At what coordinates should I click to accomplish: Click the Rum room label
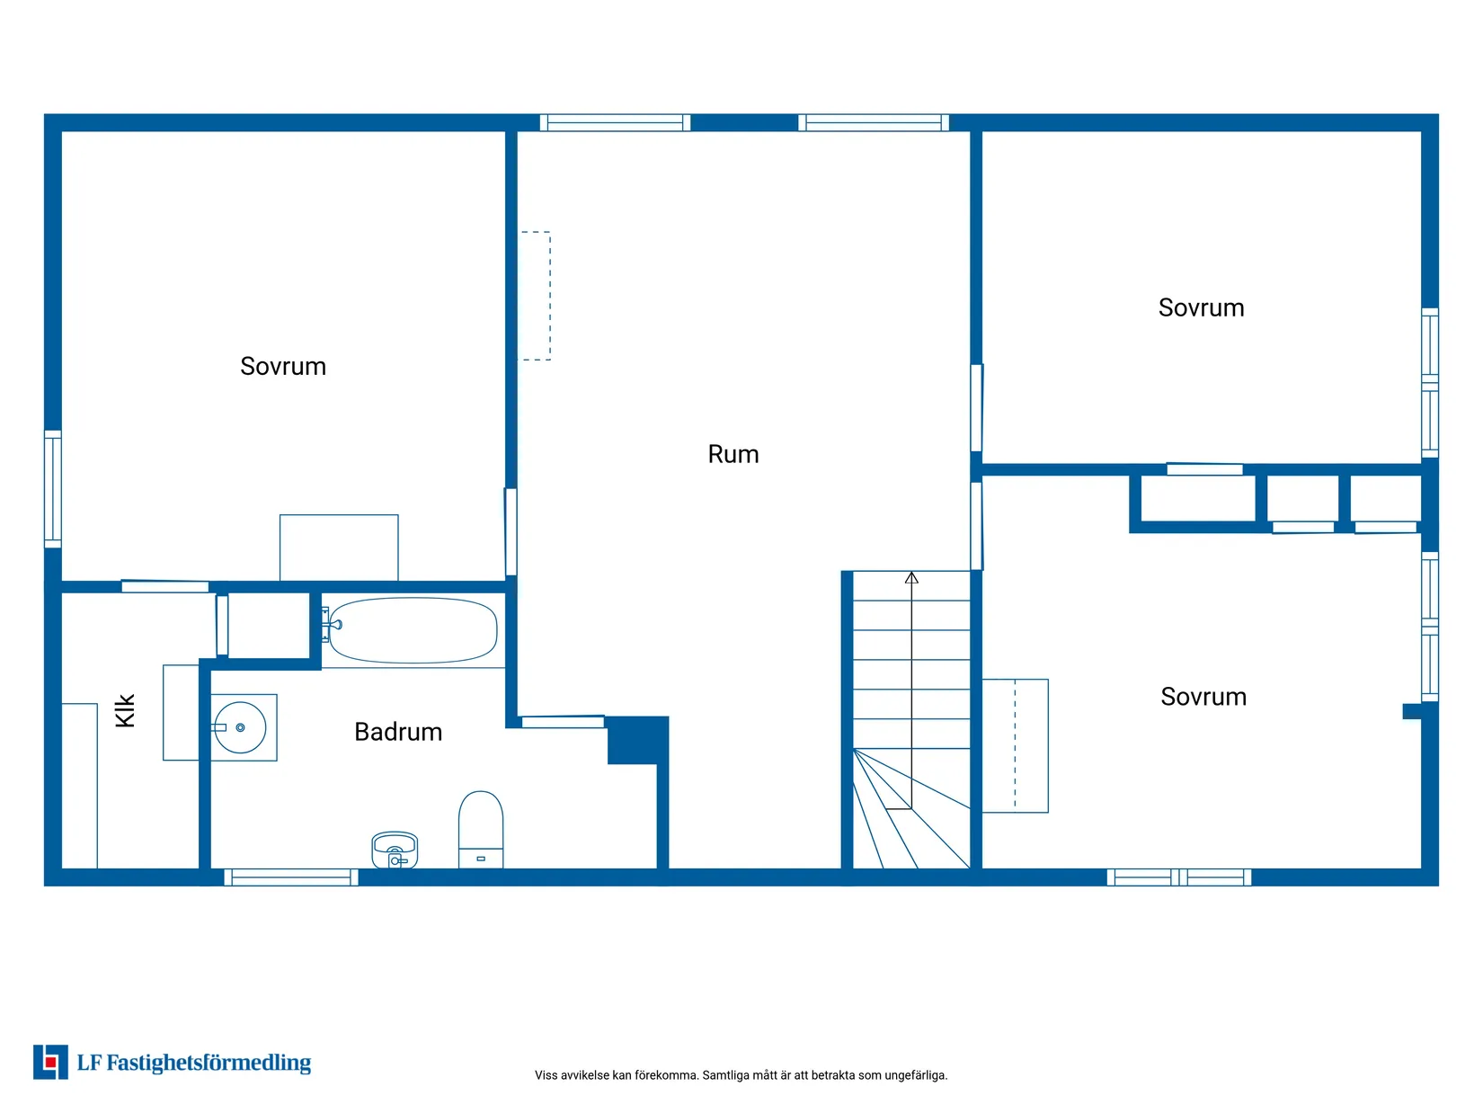(x=733, y=454)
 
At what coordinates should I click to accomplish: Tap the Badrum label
(x=398, y=732)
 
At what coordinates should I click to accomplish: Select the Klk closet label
(x=126, y=710)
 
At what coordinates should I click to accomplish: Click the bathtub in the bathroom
(x=413, y=630)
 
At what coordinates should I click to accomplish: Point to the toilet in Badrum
(x=480, y=830)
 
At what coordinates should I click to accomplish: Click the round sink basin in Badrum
(x=240, y=728)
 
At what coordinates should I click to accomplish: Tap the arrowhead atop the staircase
(x=911, y=578)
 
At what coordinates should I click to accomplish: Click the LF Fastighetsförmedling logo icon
(x=50, y=1063)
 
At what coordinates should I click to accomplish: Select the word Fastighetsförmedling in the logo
(x=209, y=1064)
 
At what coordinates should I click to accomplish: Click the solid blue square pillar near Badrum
(x=638, y=740)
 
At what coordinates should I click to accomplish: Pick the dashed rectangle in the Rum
(x=535, y=296)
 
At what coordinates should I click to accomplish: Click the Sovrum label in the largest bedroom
(x=283, y=366)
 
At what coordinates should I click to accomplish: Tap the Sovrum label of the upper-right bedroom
(x=1202, y=308)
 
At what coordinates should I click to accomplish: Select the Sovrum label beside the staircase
(x=1203, y=697)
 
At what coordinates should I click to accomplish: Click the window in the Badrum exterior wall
(x=291, y=877)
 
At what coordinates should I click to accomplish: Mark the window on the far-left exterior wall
(x=53, y=489)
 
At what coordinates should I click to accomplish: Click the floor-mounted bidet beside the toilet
(x=395, y=850)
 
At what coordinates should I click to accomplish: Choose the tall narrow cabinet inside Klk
(x=80, y=786)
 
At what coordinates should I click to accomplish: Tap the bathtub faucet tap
(x=333, y=625)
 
